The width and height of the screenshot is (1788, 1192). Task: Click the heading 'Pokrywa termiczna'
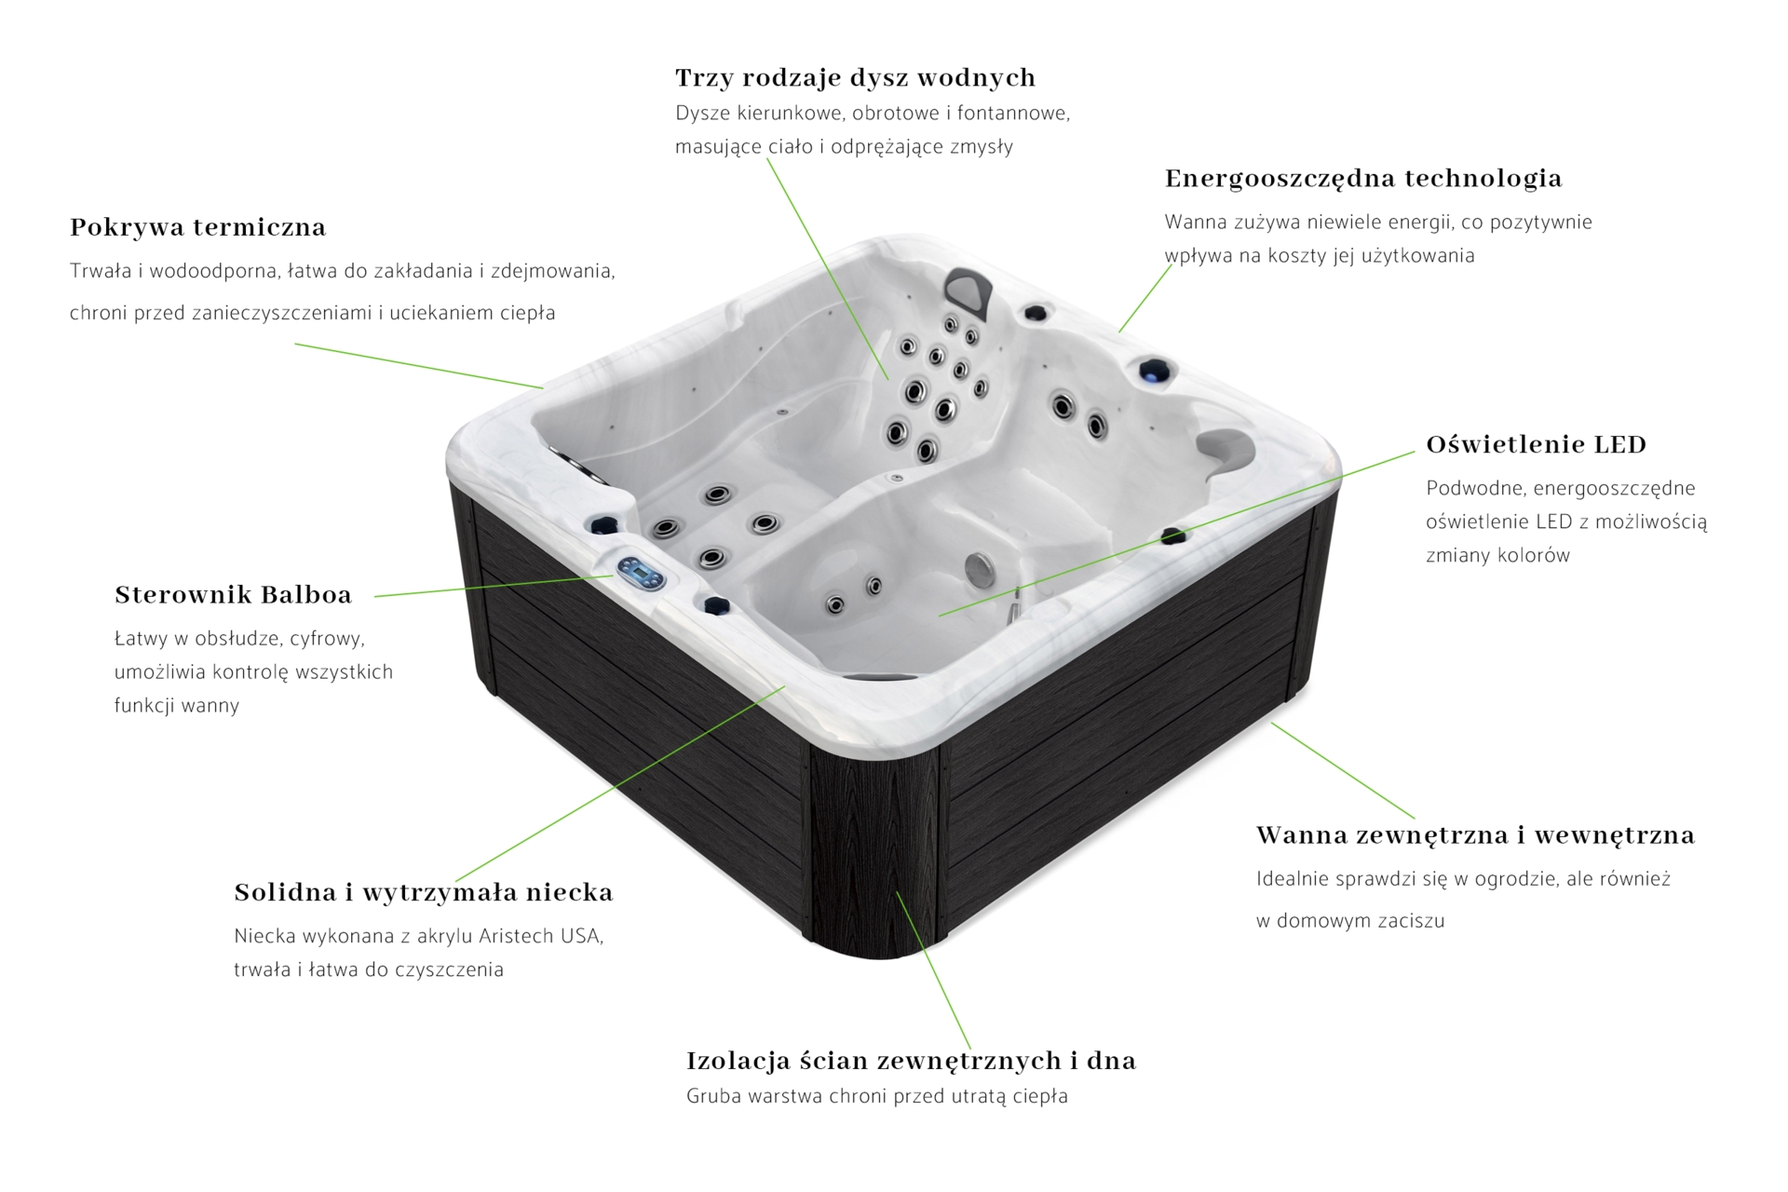197,227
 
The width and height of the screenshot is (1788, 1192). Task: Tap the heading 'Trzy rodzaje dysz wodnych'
855,77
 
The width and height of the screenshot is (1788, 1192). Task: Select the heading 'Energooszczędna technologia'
1363,179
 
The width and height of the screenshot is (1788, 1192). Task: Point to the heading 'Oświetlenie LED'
1537,444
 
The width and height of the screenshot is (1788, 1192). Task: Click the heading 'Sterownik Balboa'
233,594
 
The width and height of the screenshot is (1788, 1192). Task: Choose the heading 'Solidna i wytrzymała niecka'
424,892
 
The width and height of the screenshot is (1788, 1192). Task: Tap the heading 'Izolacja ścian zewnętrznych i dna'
911,1061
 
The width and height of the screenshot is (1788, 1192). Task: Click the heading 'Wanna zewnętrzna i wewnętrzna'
1475,835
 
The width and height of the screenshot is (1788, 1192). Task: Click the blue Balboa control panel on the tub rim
641,574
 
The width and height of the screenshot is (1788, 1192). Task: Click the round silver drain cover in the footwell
980,570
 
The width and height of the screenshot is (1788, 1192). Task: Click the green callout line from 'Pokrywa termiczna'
419,366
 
